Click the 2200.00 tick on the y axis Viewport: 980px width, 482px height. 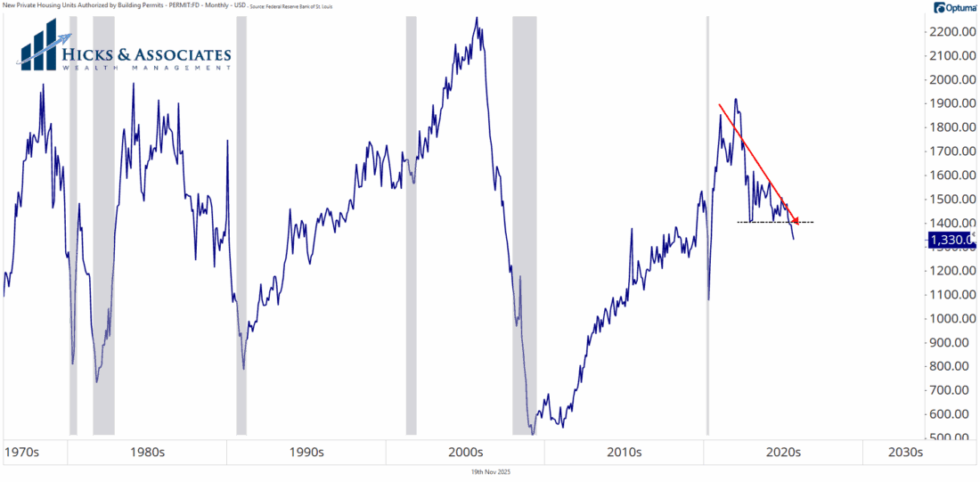pos(953,32)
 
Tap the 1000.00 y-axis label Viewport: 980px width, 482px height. pos(953,318)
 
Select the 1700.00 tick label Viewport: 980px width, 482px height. pos(953,151)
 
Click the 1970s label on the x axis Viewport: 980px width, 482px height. pos(23,452)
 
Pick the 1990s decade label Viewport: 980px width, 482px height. pos(306,452)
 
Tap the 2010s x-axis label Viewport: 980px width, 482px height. pos(625,452)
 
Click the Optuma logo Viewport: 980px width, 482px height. pos(955,8)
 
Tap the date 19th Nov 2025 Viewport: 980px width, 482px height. pos(490,472)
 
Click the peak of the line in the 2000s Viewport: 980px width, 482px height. pos(477,17)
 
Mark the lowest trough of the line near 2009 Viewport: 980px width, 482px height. pos(533,433)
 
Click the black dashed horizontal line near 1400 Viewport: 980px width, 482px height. pos(775,222)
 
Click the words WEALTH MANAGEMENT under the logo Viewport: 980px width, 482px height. pos(147,69)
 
